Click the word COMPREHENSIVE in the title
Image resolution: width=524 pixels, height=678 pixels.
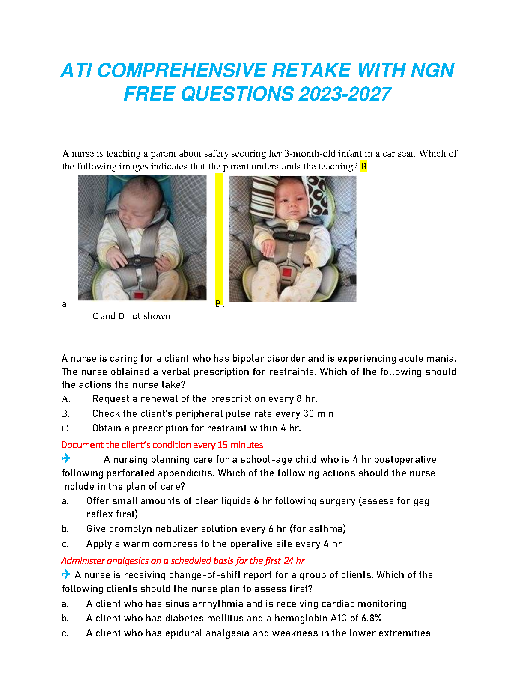[182, 71]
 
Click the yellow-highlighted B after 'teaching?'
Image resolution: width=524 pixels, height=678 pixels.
[363, 166]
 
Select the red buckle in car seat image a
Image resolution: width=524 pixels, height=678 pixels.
[138, 295]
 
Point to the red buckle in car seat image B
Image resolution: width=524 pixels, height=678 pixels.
[286, 272]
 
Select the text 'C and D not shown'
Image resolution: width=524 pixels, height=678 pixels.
[131, 316]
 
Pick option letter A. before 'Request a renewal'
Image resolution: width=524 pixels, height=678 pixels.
[66, 399]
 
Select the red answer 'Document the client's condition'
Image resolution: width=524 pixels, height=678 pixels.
[162, 445]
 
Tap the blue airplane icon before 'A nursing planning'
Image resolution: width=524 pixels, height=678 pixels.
[66, 458]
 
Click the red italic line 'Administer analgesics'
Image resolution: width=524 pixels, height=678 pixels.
[183, 561]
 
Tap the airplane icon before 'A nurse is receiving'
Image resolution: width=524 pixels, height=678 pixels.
[66, 574]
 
